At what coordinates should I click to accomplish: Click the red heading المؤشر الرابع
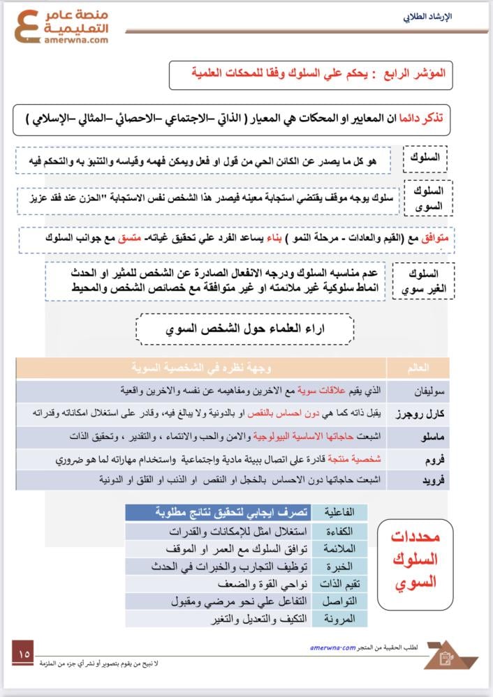420,72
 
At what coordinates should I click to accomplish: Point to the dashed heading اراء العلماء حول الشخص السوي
245,329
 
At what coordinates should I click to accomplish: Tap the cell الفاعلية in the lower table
340,512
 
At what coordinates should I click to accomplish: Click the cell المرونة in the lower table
340,618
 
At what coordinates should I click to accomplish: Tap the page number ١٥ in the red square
25,654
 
